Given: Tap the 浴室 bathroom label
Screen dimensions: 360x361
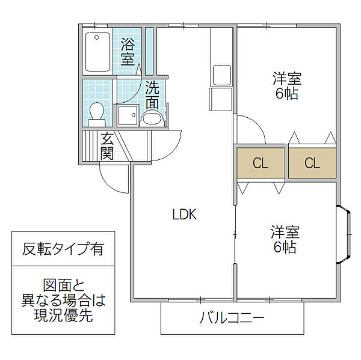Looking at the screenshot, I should click(128, 51).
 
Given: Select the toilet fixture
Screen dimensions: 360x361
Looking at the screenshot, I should click(96, 112).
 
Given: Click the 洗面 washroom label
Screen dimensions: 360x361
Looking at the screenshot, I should click(153, 94).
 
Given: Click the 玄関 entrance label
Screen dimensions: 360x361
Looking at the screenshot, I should click(107, 146).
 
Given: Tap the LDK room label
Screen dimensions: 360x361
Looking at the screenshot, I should click(185, 214).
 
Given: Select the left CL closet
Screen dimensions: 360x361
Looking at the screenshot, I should click(260, 162).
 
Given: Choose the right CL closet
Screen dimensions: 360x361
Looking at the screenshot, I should click(312, 162).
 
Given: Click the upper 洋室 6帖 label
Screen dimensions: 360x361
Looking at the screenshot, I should click(286, 86).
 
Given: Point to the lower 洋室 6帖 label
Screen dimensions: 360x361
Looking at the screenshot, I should click(284, 239).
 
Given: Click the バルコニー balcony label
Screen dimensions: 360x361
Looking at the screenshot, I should click(232, 318).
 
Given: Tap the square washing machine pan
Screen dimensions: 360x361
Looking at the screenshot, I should click(128, 114).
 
